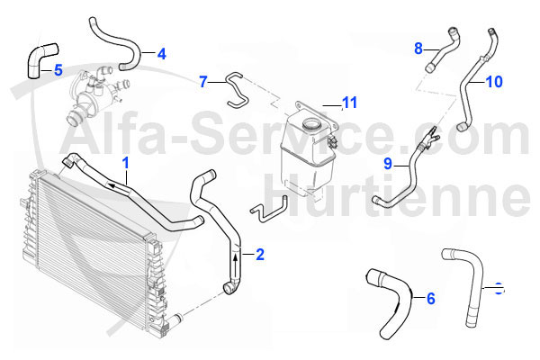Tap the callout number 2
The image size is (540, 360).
coord(260,255)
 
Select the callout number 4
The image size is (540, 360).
coord(161,54)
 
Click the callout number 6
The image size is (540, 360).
coord(430,298)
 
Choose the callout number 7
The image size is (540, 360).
coord(204,82)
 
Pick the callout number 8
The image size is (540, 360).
coord(418,47)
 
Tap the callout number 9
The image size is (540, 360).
coord(387,164)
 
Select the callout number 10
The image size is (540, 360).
coord(494,82)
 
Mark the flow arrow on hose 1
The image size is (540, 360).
coord(114,182)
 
